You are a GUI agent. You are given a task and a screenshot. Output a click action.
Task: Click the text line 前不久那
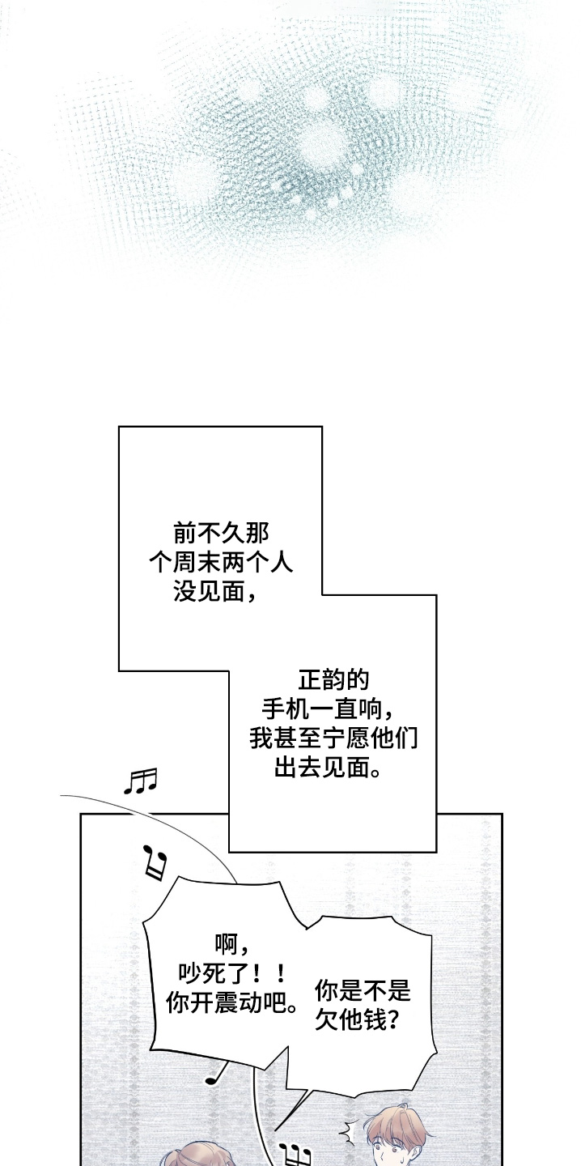click(x=221, y=534)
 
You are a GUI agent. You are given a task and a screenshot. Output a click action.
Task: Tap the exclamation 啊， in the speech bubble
click(x=230, y=943)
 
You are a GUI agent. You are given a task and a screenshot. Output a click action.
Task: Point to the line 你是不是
click(x=362, y=990)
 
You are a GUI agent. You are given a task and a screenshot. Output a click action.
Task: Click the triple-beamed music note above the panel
click(x=140, y=781)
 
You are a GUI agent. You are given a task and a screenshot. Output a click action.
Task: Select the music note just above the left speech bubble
click(x=155, y=862)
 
